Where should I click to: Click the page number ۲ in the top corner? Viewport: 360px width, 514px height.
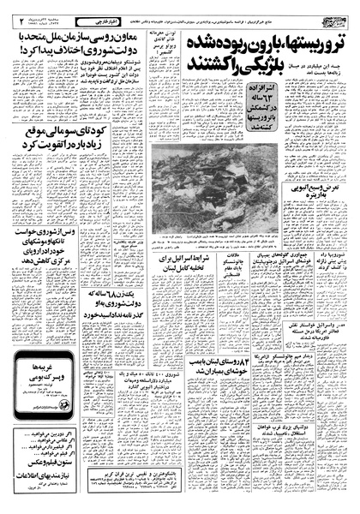click(x=11, y=15)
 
